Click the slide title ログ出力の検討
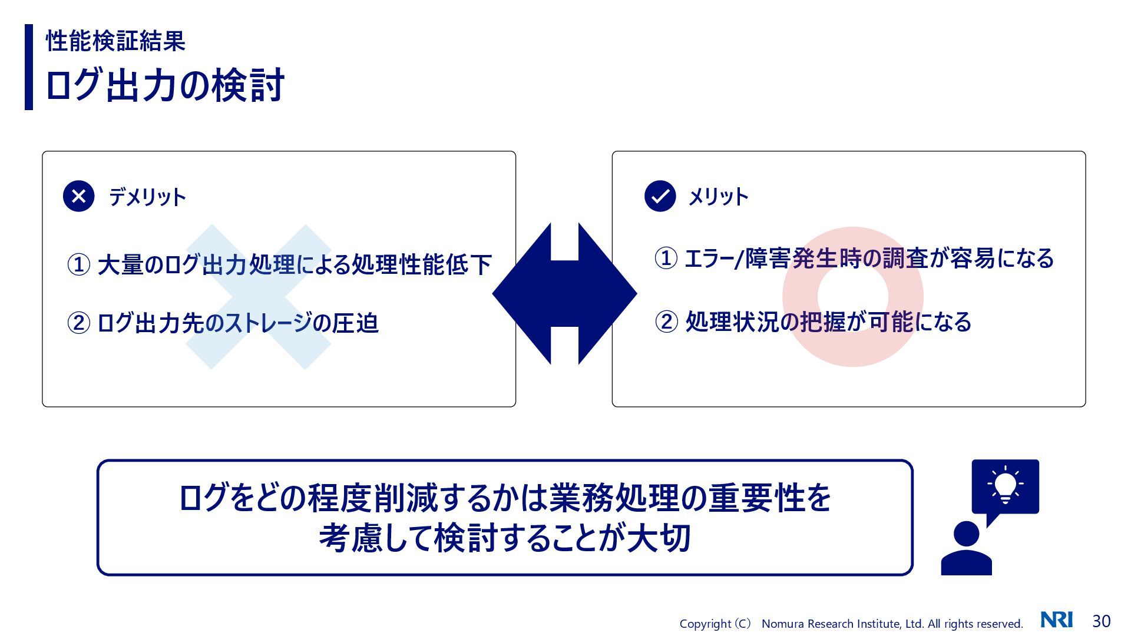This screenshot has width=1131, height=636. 165,85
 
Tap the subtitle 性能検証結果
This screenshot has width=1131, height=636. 115,41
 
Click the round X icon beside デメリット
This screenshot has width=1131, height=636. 78,196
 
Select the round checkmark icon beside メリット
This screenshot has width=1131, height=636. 660,196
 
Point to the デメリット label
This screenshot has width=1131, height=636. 147,197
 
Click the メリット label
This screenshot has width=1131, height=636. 718,197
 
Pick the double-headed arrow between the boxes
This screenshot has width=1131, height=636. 564,293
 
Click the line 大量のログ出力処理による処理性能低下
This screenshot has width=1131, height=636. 294,264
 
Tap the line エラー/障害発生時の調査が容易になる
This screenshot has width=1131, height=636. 869,259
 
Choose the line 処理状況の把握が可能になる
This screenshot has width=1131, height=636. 828,322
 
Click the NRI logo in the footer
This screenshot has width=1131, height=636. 1056,620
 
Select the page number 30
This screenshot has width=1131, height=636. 1101,621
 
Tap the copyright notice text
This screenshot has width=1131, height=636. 851,624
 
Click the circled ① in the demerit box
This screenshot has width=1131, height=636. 79,264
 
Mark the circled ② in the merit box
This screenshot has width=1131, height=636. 666,322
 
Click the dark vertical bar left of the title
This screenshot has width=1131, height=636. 29,67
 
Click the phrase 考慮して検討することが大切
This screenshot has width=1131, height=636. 504,538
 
